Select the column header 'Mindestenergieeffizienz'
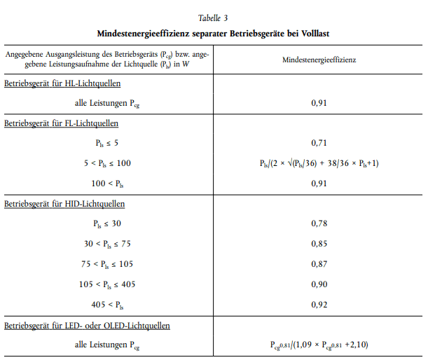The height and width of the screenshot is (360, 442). click(x=319, y=60)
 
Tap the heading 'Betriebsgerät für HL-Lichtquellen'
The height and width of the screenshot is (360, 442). click(x=62, y=84)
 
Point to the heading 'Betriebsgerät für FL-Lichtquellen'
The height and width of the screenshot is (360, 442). click(x=62, y=124)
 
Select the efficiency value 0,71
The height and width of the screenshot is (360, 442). click(x=319, y=144)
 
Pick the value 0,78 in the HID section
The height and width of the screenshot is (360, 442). click(x=319, y=223)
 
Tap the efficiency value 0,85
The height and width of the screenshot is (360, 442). click(x=319, y=244)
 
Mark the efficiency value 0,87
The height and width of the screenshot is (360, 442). click(x=319, y=264)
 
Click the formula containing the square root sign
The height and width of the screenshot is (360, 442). click(x=319, y=163)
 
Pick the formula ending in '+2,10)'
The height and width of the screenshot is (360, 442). click(x=319, y=345)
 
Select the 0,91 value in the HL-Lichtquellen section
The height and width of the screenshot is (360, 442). click(x=319, y=104)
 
